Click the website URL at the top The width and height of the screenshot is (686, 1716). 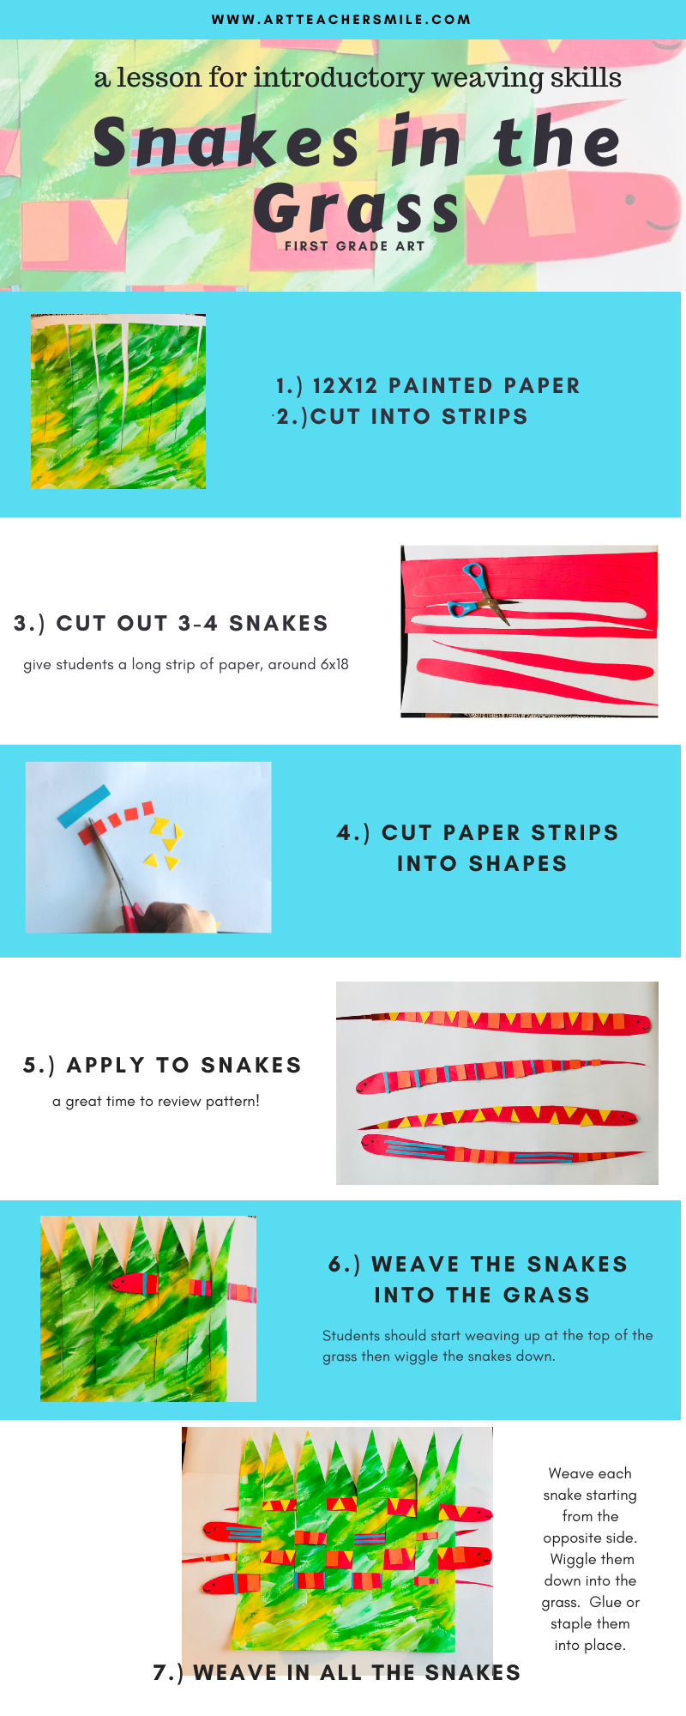341,19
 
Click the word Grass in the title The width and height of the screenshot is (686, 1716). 357,208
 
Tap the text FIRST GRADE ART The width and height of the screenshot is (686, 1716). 354,246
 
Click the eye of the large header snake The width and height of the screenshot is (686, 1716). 630,200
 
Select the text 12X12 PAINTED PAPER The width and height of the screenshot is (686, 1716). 446,386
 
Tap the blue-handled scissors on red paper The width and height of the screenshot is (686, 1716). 476,589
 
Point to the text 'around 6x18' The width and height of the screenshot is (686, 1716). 310,665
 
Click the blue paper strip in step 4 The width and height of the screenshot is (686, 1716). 84,806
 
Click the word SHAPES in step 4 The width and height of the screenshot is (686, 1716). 518,864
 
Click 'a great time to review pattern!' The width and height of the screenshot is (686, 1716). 155,1102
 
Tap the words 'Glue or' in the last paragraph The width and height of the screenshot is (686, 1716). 614,1602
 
